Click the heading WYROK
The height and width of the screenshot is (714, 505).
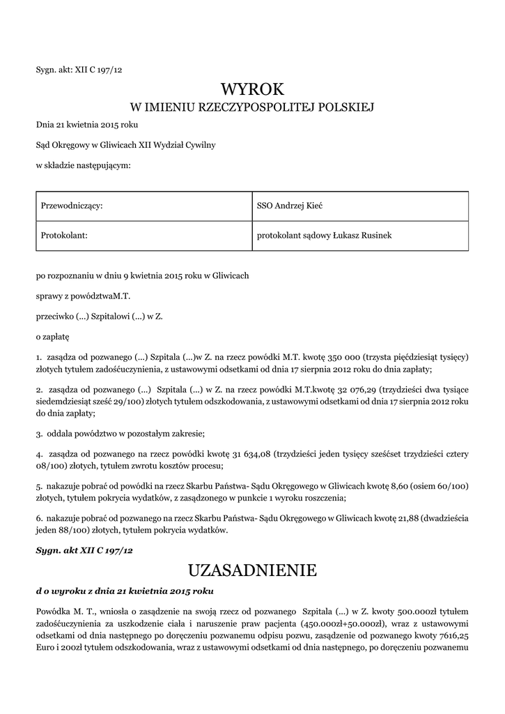[x=252, y=89]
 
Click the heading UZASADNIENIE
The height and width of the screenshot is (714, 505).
[x=252, y=571]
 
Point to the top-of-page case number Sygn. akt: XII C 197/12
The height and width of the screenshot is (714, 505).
[x=79, y=70]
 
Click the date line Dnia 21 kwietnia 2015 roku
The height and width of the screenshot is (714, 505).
[x=87, y=126]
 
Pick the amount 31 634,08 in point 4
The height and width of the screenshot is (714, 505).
[x=251, y=453]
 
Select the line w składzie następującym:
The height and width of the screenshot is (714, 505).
[x=83, y=165]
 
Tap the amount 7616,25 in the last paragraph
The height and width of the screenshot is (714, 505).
[x=453, y=636]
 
